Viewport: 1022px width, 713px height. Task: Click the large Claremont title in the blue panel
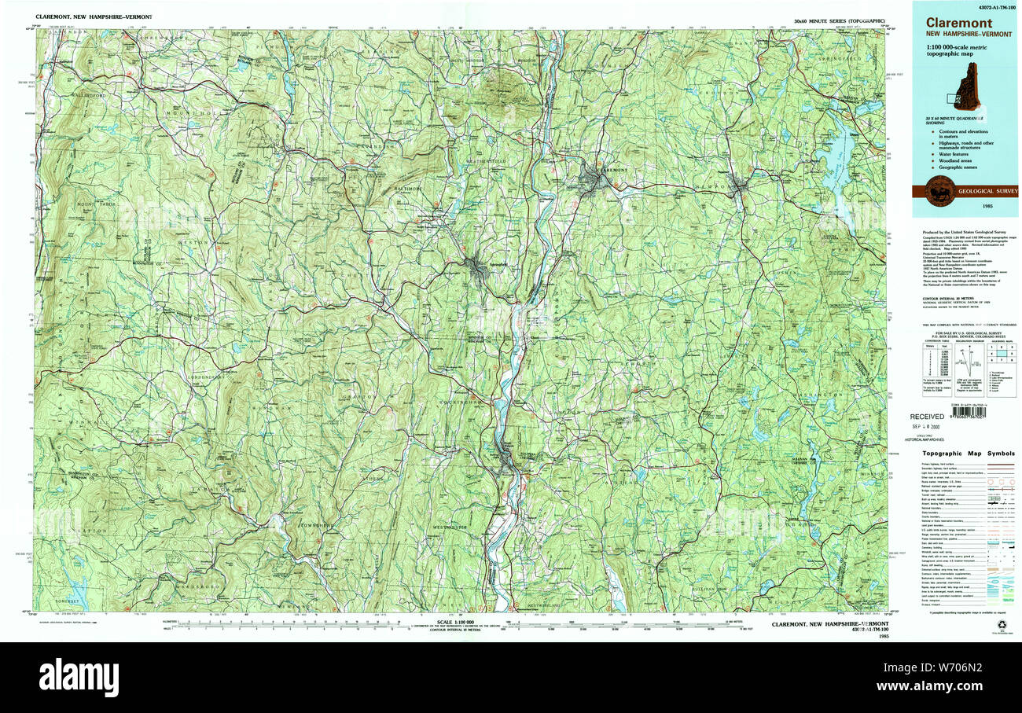[x=958, y=23]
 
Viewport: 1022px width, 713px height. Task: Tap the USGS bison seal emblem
[x=940, y=191]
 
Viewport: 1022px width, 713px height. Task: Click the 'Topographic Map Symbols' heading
[x=968, y=454]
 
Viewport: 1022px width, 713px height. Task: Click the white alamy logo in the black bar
[x=79, y=677]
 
